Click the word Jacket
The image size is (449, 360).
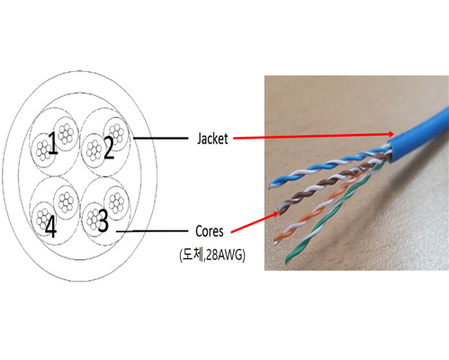212,139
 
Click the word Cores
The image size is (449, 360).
210,231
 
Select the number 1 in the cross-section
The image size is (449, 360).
53,143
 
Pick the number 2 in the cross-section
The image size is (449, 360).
109,148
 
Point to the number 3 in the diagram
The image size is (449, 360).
103,220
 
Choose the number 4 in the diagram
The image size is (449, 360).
50,227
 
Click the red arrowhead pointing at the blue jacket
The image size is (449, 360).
390,134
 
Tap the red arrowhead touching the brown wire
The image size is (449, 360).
274,214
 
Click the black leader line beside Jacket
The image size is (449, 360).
160,139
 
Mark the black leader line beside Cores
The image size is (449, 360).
152,231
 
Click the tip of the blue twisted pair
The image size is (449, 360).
270,186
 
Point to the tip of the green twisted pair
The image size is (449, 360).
287,261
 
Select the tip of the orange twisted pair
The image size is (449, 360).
275,241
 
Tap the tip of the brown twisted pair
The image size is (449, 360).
281,211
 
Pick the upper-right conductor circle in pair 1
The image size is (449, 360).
66,134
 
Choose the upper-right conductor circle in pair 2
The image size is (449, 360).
116,133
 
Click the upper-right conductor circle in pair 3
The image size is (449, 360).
116,203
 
